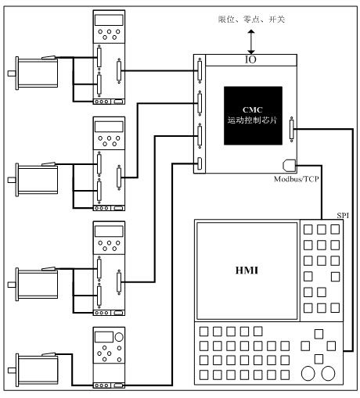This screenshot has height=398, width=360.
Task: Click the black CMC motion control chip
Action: point(253,116)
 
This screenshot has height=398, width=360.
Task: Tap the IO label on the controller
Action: point(250,59)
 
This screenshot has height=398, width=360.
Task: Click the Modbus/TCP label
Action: point(297,179)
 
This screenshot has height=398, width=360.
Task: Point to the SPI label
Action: point(343,216)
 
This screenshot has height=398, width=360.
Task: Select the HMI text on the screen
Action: point(247,271)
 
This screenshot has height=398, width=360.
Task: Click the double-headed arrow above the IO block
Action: point(251,42)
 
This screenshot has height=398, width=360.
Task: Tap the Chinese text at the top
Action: point(251,20)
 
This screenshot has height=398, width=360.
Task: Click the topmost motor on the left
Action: point(33,73)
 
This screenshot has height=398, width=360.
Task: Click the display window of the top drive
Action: point(109,20)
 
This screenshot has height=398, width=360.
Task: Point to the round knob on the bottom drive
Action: point(119,337)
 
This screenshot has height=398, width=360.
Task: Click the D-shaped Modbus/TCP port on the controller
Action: point(289,166)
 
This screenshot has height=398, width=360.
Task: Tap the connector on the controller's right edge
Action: point(291,130)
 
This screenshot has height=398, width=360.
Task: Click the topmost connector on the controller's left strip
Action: point(200,70)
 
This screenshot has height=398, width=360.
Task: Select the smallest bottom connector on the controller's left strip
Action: point(200,163)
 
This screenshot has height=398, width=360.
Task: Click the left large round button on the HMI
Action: point(308,373)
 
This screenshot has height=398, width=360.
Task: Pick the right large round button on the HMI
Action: point(328,373)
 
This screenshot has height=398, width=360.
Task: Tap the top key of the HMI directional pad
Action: point(319,334)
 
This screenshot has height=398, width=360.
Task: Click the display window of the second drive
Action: point(109,127)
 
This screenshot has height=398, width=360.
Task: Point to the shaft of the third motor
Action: point(12,285)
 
